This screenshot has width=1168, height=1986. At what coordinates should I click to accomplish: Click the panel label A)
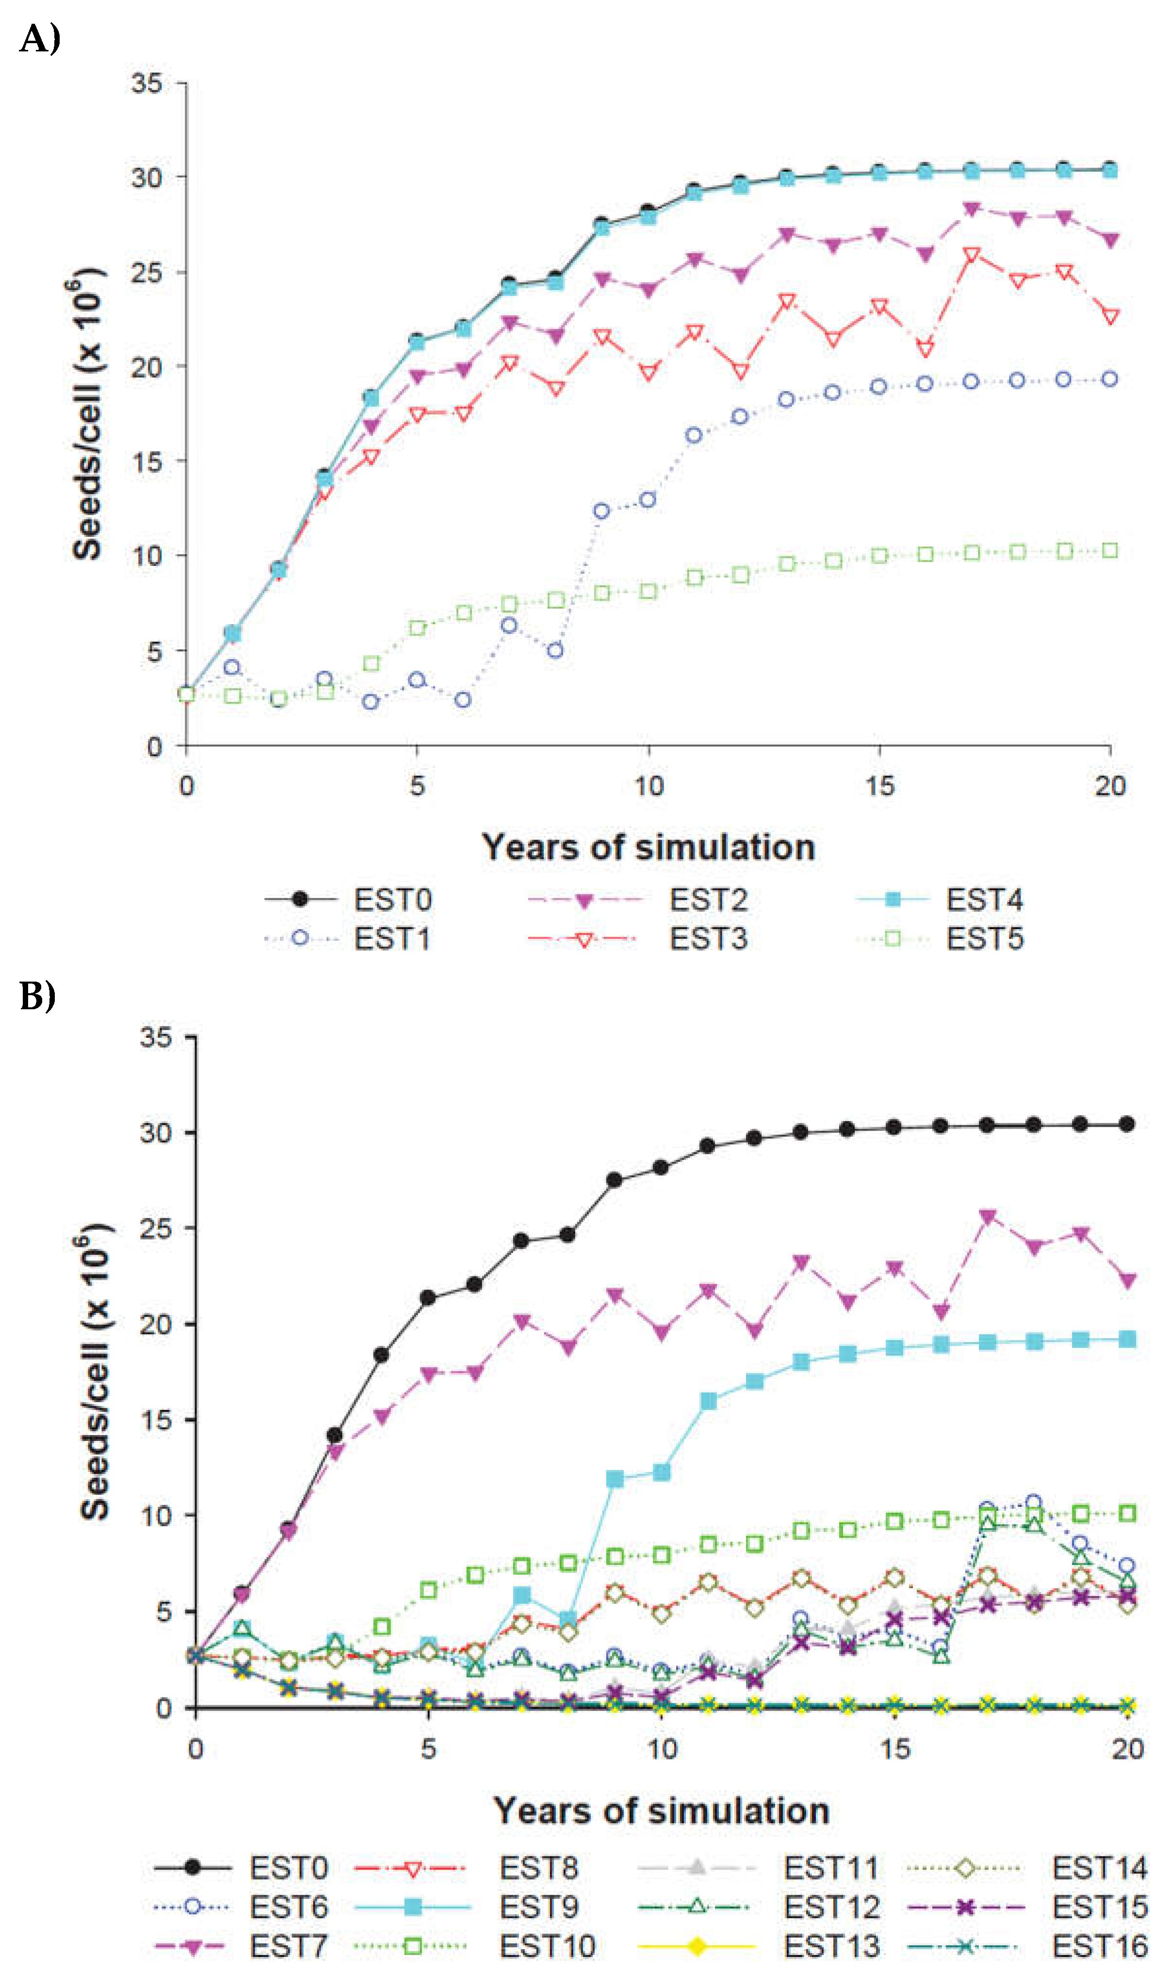tap(39, 38)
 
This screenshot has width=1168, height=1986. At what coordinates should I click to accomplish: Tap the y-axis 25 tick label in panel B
tap(156, 1228)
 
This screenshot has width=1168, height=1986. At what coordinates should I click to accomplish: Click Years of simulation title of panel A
tap(648, 847)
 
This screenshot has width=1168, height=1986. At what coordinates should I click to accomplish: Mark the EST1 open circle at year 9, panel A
tap(601, 511)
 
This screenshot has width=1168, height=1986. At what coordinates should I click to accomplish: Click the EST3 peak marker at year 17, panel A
tap(972, 255)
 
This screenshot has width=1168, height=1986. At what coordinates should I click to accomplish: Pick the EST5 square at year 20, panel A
tap(1110, 550)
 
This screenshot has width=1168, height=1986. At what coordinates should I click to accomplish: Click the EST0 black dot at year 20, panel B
tap(1127, 1124)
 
